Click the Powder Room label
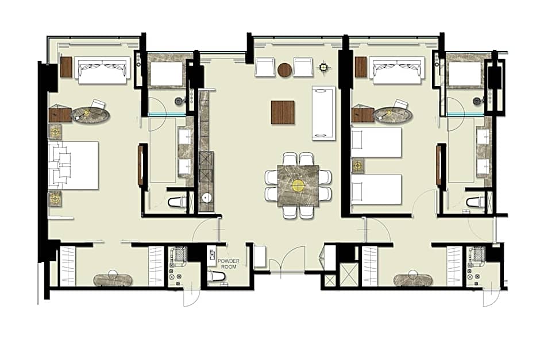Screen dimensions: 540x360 coord(228,264)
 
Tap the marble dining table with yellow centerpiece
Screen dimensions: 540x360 coord(298,186)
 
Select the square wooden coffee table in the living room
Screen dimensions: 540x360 coord(283,112)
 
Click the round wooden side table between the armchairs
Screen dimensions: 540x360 coord(285,70)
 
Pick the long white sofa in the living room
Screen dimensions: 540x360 coord(323,114)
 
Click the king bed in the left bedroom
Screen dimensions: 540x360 coord(74,165)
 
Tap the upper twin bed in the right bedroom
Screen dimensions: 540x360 coord(376,142)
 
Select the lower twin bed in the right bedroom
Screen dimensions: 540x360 coord(376,189)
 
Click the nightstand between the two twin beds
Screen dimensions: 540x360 coord(358,166)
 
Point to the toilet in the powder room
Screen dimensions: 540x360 coord(216,276)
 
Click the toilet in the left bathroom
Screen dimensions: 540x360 coord(178,202)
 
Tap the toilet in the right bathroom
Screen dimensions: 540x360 coord(476,202)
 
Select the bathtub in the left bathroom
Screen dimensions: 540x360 coord(167,73)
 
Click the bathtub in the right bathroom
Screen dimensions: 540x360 coord(465,73)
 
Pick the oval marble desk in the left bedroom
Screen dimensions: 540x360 coord(91,114)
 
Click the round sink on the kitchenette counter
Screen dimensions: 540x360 coord(207,198)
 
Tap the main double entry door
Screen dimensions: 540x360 coord(288,262)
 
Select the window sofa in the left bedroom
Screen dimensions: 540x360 coord(102,70)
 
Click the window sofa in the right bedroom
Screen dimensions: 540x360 coord(398,70)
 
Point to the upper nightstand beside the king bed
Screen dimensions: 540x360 coord(55,131)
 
